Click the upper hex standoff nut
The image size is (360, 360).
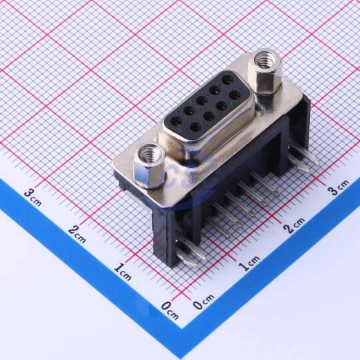pos(265,71)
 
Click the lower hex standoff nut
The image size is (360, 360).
pos(150,166)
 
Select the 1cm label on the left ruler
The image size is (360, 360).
pos(123,271)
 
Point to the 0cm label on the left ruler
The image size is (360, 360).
pos(170,311)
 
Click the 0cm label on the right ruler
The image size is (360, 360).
pos(203,301)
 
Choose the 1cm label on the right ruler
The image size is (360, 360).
pos(249,263)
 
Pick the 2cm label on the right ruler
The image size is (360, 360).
pos(294,225)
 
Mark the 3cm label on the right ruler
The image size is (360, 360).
pos(338,187)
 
